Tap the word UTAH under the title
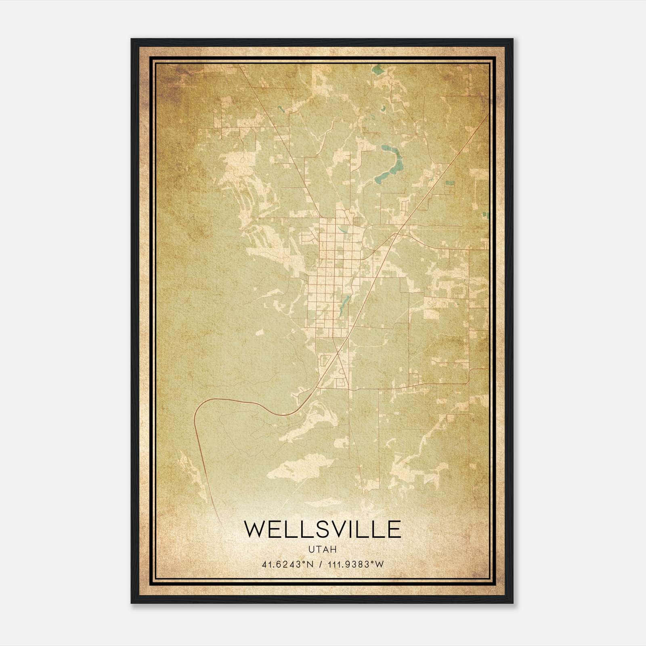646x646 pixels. pyautogui.click(x=323, y=550)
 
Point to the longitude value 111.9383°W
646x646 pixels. pyautogui.click(x=355, y=564)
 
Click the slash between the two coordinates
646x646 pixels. pyautogui.click(x=321, y=564)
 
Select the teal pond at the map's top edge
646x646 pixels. pyautogui.click(x=378, y=69)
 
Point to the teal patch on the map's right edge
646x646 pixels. pyautogui.click(x=487, y=215)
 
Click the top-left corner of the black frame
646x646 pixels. pyautogui.click(x=132, y=39)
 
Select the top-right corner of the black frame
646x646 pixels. pyautogui.click(x=513, y=39)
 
